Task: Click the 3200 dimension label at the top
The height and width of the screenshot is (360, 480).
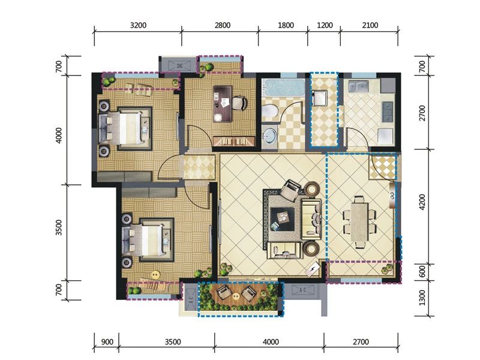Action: click(138, 25)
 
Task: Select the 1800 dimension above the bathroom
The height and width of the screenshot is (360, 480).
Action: click(286, 25)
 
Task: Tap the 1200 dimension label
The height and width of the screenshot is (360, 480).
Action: click(325, 25)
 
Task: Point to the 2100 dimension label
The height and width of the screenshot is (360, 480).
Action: click(370, 25)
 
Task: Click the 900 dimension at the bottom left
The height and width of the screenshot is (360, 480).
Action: click(107, 341)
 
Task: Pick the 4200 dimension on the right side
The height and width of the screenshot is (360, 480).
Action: click(422, 202)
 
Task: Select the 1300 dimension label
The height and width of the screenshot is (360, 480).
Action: click(422, 298)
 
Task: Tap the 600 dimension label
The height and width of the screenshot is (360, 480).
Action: click(422, 271)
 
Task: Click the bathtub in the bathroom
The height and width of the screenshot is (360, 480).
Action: click(283, 88)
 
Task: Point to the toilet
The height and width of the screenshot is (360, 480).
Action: click(269, 112)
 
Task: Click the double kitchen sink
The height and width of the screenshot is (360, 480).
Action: click(358, 86)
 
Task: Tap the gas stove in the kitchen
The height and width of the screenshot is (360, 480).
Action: click(388, 112)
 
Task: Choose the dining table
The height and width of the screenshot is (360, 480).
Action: click(359, 221)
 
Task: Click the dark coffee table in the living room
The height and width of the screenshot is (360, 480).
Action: click(282, 219)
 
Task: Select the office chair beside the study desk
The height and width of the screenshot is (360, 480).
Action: click(239, 103)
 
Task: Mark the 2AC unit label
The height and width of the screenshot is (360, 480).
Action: click(179, 65)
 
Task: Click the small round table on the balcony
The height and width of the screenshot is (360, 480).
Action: click(236, 296)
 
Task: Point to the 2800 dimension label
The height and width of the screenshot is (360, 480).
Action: click(222, 25)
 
